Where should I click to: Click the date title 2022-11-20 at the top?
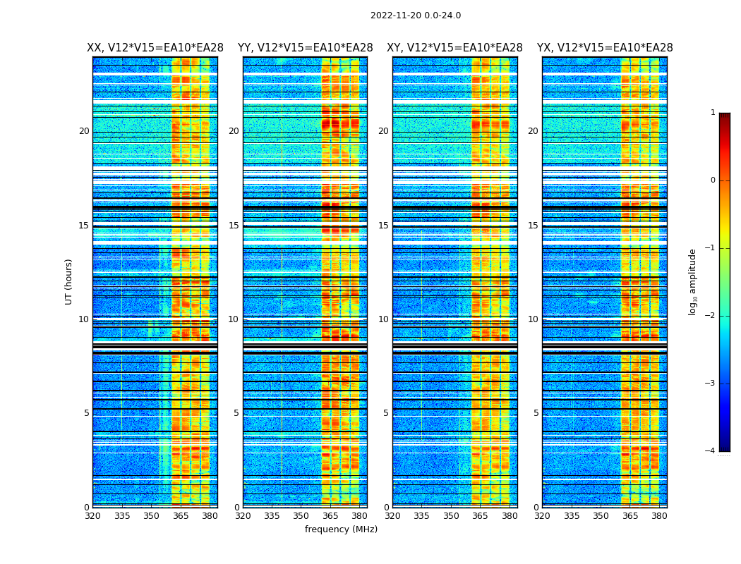pos(416,16)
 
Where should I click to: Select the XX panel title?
pos(155,48)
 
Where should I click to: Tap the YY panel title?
pos(305,48)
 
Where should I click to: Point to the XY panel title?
pos(454,48)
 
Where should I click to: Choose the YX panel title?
pos(605,48)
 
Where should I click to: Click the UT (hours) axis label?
pos(69,281)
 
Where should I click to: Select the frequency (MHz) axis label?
pos(341,529)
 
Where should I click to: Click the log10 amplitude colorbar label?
pos(693,281)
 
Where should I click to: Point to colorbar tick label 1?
pos(713,113)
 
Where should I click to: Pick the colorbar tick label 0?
pos(713,180)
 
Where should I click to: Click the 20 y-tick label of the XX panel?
pos(84,131)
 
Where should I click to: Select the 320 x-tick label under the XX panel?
pos(92,516)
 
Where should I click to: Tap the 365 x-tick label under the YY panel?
pos(330,516)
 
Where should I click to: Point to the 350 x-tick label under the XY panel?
pos(451,516)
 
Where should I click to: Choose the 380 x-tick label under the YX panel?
pos(659,516)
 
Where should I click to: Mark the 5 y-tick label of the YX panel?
pos(536,413)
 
